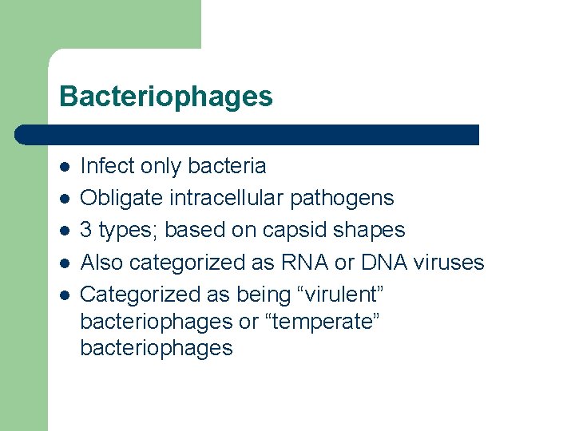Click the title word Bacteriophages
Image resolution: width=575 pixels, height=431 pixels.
(x=165, y=97)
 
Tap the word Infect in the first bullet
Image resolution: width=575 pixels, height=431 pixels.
(x=108, y=166)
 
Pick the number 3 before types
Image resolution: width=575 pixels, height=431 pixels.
(x=87, y=230)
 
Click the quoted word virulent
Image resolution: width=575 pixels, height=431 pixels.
(x=339, y=294)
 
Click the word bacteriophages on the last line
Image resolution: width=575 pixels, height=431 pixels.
(x=157, y=348)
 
